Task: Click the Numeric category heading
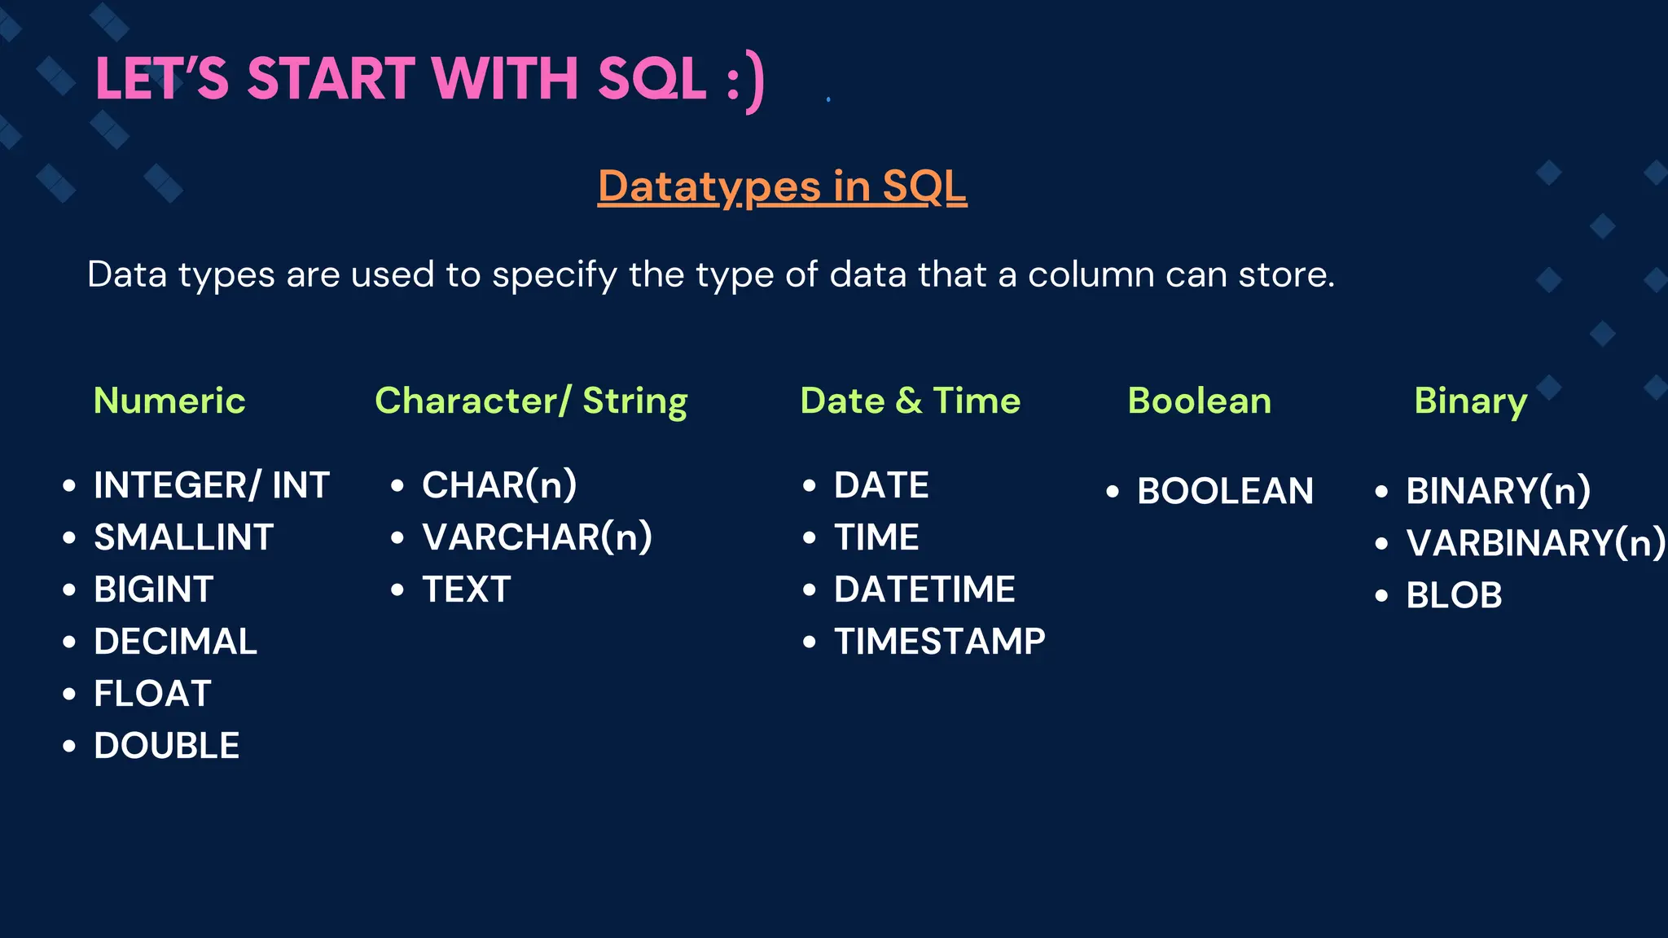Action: click(x=169, y=401)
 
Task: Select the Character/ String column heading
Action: click(x=531, y=401)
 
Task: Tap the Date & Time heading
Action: click(x=910, y=401)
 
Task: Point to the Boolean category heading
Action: click(x=1199, y=401)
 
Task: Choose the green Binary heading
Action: click(x=1470, y=401)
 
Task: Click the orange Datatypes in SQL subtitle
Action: click(x=782, y=186)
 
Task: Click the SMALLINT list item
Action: click(x=183, y=537)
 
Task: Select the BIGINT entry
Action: click(x=154, y=590)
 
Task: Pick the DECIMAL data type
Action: click(x=175, y=642)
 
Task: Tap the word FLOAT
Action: click(x=152, y=694)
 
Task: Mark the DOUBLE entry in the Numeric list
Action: click(x=166, y=746)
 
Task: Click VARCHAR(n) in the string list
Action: click(x=537, y=537)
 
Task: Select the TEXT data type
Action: click(x=466, y=590)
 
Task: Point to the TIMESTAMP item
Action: click(x=939, y=642)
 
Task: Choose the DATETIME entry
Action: click(x=924, y=590)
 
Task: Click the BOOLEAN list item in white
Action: click(x=1225, y=491)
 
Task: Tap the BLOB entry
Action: click(x=1454, y=595)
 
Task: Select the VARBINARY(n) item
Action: click(x=1534, y=543)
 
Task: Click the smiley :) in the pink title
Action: click(x=745, y=81)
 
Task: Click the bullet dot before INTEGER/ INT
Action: click(x=69, y=486)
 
